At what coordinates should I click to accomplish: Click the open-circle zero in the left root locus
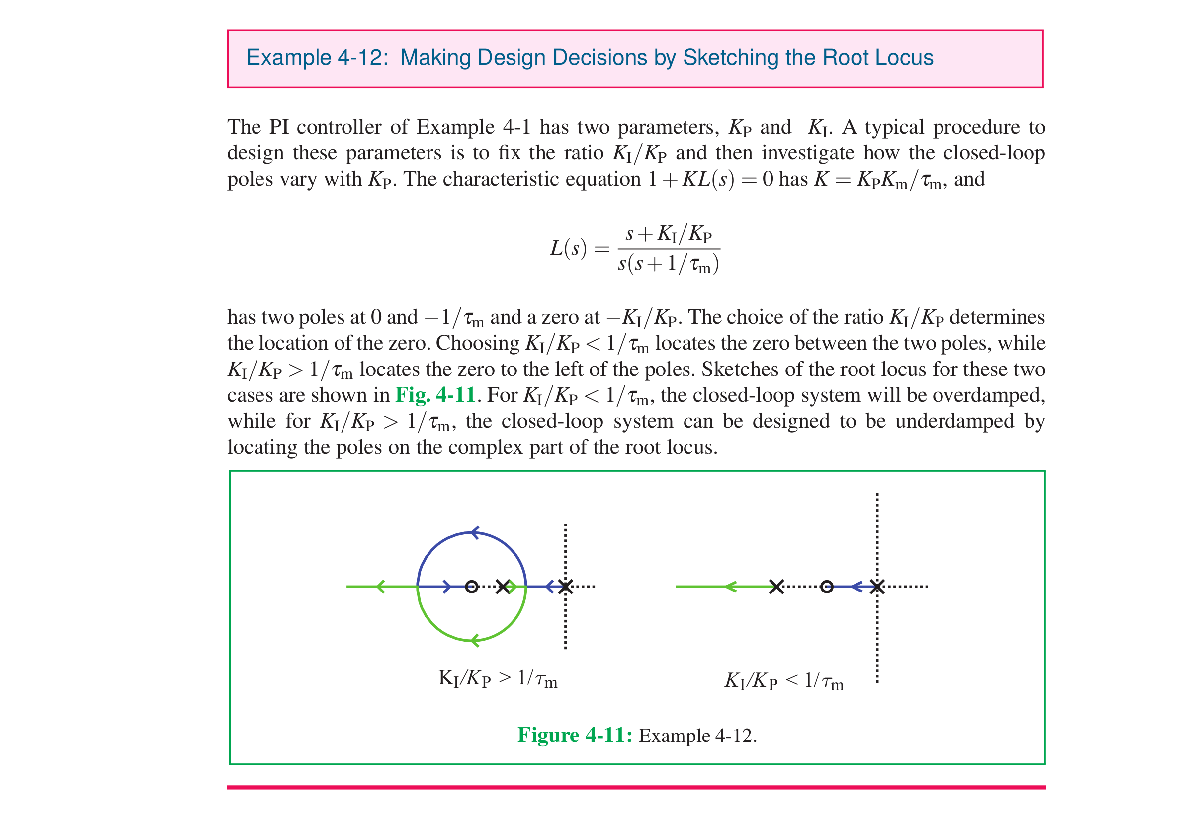point(471,586)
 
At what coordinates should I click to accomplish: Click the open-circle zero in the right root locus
point(827,587)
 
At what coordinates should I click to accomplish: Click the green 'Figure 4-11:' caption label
point(574,735)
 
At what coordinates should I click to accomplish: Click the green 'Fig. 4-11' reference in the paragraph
point(434,395)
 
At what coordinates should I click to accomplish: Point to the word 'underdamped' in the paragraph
point(954,421)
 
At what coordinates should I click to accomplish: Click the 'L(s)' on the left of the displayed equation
point(568,248)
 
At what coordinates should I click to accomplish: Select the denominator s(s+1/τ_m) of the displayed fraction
point(668,264)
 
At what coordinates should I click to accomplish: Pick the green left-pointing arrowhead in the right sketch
point(731,587)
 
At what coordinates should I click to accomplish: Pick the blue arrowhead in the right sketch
point(856,587)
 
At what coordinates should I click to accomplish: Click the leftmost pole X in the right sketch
point(776,587)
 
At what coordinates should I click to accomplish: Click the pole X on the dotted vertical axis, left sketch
point(566,587)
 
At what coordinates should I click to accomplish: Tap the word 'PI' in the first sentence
point(278,127)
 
